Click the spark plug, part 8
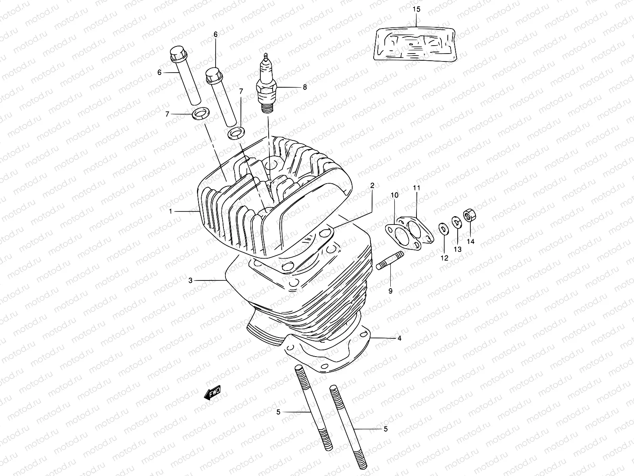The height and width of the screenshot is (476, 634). pos(266,81)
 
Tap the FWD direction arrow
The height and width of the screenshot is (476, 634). pos(212,393)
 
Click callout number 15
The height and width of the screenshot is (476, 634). pos(416,9)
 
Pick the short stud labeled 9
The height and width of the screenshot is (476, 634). pos(390,261)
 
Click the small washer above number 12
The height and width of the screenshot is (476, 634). pos(442,229)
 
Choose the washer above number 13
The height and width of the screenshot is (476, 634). pos(456,223)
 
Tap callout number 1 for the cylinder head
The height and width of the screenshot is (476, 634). pos(171,211)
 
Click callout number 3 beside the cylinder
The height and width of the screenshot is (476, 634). pos(191,280)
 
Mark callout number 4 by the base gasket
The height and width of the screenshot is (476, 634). pos(399,338)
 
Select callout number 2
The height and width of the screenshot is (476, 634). pos(372,185)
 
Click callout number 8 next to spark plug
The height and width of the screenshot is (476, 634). pos(316,87)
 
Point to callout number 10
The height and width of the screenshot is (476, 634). pos(395,195)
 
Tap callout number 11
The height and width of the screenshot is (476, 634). pos(416,187)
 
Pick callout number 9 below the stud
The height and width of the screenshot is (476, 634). pos(390,291)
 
